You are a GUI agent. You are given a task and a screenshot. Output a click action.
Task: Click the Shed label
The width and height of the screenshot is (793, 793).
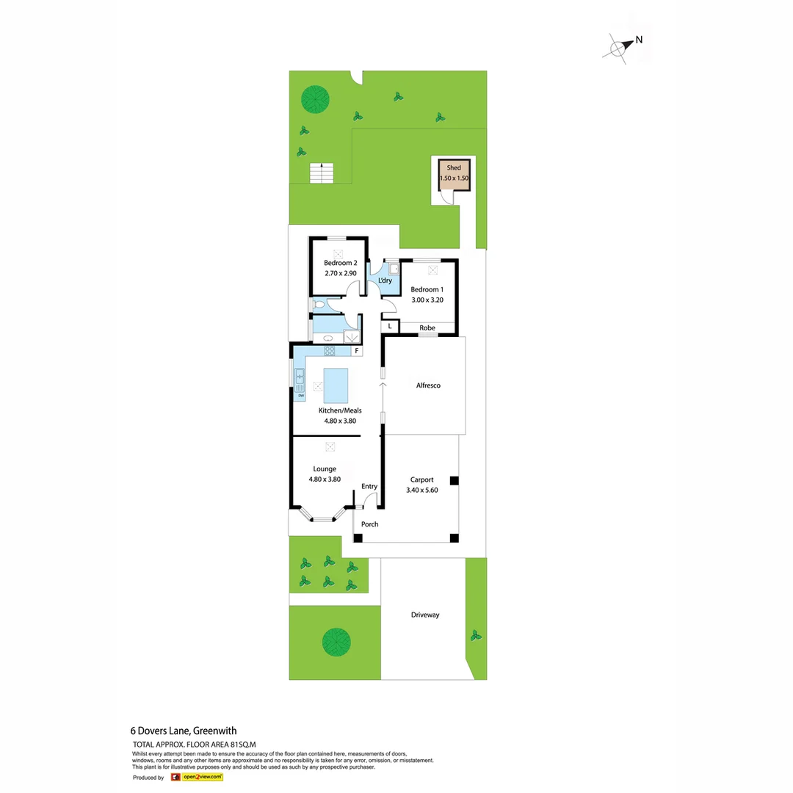(454, 168)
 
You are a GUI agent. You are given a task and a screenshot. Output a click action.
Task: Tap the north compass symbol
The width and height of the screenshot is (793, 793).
(618, 47)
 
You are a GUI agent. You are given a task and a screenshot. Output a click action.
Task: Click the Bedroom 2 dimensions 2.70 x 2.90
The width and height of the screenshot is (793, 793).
(341, 274)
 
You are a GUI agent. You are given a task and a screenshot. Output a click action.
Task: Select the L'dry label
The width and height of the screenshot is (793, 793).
(384, 281)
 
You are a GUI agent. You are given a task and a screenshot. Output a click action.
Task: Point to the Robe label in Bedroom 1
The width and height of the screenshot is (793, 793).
(427, 327)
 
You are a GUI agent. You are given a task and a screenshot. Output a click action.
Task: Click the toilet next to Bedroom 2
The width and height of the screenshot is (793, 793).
(319, 304)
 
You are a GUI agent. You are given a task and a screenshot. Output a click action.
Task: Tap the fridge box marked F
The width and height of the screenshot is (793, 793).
(357, 351)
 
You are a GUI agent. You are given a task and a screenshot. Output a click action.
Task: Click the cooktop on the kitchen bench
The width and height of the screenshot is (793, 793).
(330, 351)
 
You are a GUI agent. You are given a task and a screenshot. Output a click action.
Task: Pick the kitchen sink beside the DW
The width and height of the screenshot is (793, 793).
(300, 379)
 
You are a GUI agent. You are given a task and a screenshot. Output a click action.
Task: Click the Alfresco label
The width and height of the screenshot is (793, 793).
(428, 385)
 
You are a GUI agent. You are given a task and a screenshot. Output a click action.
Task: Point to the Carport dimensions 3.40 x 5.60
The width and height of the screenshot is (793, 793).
(421, 490)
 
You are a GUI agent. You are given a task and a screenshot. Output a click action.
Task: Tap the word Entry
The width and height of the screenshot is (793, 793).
(369, 486)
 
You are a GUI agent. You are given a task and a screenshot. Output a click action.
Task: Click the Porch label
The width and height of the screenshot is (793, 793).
(370, 524)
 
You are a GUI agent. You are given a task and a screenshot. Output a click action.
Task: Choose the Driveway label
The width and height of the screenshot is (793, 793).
(425, 615)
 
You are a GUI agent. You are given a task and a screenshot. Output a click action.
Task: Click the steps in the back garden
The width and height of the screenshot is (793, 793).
(321, 173)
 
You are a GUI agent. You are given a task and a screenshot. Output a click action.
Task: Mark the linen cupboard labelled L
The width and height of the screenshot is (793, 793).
(390, 326)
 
